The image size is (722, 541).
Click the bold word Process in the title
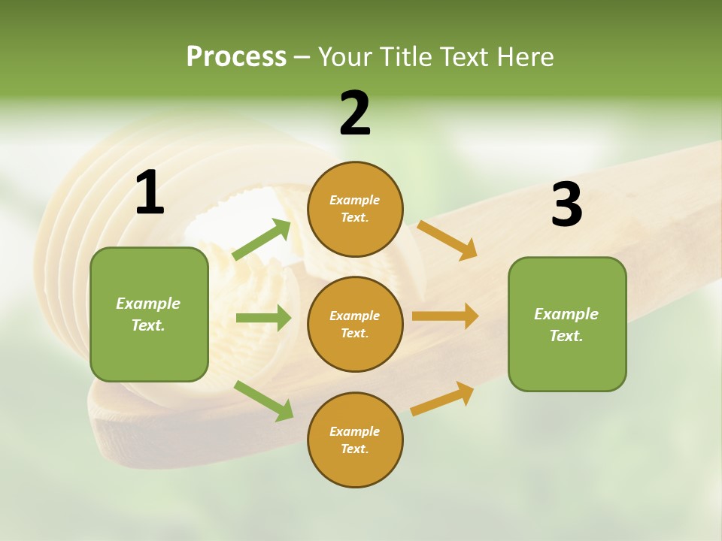pyautogui.click(x=236, y=57)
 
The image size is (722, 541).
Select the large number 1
pyautogui.click(x=150, y=193)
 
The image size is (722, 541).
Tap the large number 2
pyautogui.click(x=355, y=113)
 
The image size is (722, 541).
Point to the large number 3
pyautogui.click(x=566, y=205)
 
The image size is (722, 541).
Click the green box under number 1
pyautogui.click(x=149, y=314)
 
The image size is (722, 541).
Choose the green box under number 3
pyautogui.click(x=567, y=324)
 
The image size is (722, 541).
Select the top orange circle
pyautogui.click(x=355, y=209)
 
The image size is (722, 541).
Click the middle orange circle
pyautogui.click(x=355, y=324)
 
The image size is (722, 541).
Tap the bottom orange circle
pyautogui.click(x=355, y=440)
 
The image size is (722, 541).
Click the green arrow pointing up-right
pyautogui.click(x=262, y=240)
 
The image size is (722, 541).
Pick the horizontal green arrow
pyautogui.click(x=263, y=318)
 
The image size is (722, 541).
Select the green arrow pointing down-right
pyautogui.click(x=263, y=400)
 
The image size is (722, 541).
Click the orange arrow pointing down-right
pyautogui.click(x=447, y=240)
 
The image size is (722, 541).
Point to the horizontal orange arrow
pyautogui.click(x=444, y=316)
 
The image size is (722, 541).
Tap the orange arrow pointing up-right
pyautogui.click(x=442, y=398)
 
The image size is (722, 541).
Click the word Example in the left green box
pyautogui.click(x=148, y=304)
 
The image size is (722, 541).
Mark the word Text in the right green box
pyautogui.click(x=566, y=336)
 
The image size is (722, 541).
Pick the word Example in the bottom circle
pyautogui.click(x=354, y=431)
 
